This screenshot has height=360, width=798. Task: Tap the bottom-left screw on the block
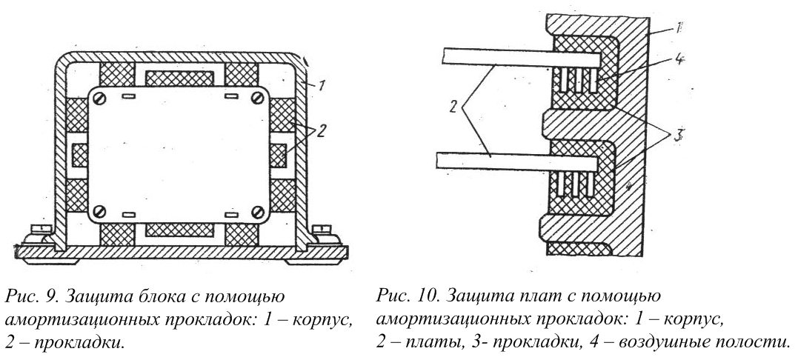[x=100, y=210]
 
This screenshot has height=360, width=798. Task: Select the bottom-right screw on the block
[x=258, y=210]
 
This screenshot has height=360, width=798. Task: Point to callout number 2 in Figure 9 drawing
[x=320, y=131]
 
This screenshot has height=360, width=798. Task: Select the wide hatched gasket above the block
[x=179, y=78]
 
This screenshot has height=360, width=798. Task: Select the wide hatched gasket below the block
[x=179, y=230]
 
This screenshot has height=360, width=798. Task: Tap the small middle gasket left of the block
[x=80, y=156]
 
